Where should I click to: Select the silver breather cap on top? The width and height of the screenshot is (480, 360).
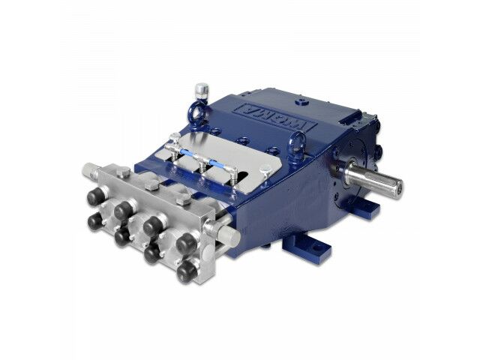[201, 90]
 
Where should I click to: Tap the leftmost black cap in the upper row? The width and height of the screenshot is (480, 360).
[95, 196]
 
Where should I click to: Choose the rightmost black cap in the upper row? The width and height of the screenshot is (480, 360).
[187, 241]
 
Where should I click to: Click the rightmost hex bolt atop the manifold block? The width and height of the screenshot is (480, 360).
[184, 200]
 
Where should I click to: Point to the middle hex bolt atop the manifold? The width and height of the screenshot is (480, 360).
[152, 185]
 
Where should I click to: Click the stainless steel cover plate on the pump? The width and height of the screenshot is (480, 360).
[225, 150]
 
